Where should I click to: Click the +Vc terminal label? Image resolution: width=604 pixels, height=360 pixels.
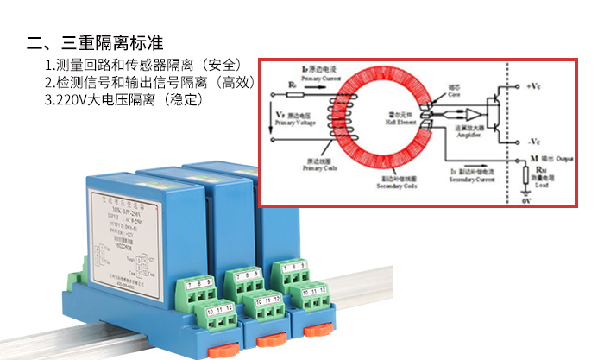coord(534,87)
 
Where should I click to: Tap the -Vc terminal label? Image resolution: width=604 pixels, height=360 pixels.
coord(534,139)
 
